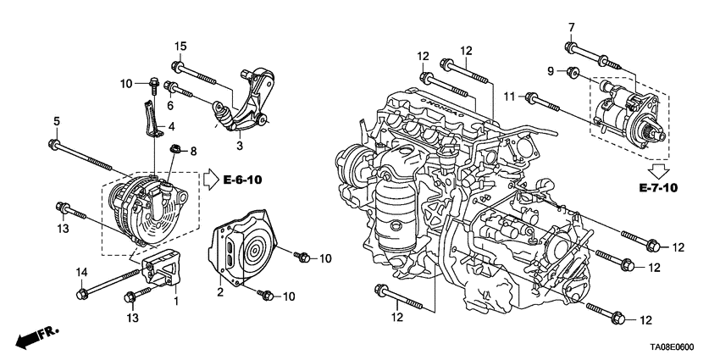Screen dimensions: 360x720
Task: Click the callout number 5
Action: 57,122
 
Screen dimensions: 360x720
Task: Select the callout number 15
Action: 180,46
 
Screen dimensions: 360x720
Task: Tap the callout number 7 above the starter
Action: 571,27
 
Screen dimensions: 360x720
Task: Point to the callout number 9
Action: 550,71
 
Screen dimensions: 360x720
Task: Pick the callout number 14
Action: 82,272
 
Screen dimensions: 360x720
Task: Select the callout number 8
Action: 192,151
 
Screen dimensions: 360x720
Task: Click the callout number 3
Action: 240,146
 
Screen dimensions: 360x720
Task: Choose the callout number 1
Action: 175,300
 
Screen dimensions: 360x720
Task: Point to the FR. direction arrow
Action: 33,337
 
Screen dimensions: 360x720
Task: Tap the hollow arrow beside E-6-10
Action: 209,180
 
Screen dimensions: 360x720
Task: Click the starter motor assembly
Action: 629,114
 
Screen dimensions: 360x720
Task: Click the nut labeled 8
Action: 175,152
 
